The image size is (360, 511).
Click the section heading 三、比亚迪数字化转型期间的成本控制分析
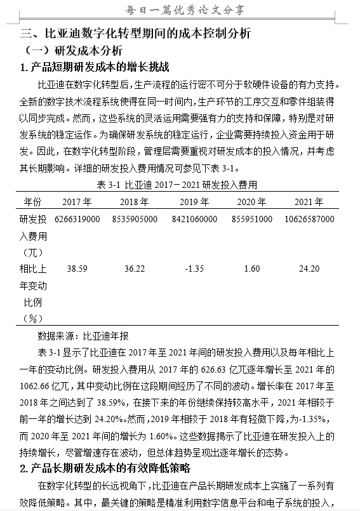[x=136, y=34]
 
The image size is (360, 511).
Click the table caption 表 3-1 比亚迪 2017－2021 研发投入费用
[x=178, y=185]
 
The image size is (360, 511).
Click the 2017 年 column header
[x=77, y=202]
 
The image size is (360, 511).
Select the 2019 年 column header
[x=194, y=202]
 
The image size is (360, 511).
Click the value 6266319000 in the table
[x=77, y=219]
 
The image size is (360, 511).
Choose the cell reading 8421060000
[x=194, y=219]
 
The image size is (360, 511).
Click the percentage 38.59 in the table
[x=77, y=269]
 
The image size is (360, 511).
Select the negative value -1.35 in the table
[x=194, y=269]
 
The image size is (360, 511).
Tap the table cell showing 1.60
[x=251, y=269]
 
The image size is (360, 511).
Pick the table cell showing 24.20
[x=309, y=269]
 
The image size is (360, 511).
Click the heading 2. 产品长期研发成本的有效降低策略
[x=105, y=469]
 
